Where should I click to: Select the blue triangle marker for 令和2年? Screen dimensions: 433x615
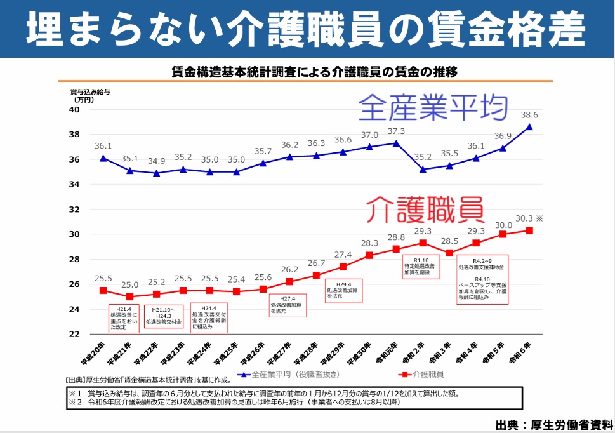422,170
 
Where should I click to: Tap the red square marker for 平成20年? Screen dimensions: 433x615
103,290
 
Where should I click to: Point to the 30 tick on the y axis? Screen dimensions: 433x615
74,234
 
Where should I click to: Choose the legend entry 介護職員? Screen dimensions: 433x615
422,374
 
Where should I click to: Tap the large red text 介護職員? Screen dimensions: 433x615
425,208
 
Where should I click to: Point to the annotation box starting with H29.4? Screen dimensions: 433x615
342,290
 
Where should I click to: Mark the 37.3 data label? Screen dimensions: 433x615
396,131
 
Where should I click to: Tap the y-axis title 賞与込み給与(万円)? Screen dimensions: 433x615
89,96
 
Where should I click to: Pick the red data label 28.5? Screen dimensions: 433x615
449,241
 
